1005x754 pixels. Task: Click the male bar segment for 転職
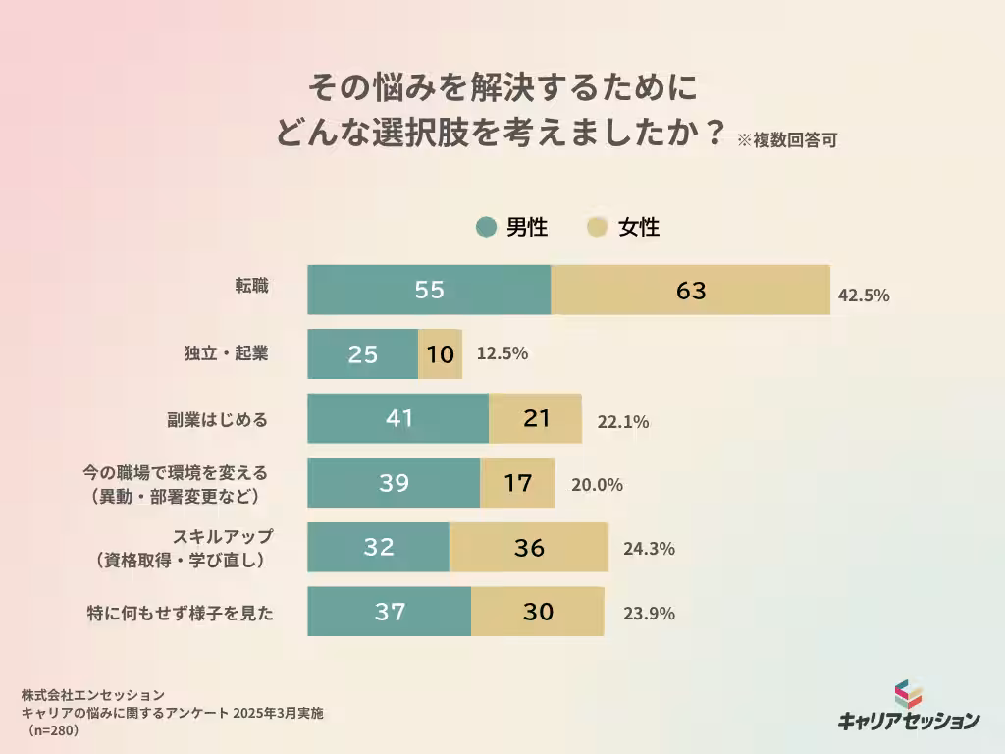click(429, 291)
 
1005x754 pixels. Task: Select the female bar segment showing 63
click(690, 291)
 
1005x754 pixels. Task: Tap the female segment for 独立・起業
click(441, 354)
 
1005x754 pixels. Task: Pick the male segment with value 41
click(397, 418)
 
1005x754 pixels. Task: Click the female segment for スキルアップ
click(529, 548)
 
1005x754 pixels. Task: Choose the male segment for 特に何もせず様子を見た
click(390, 612)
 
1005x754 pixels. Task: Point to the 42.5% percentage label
click(864, 295)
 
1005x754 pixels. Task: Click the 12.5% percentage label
click(502, 353)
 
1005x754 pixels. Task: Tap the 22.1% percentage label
click(623, 422)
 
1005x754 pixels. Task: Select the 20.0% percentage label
click(597, 484)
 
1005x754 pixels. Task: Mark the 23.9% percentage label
click(649, 614)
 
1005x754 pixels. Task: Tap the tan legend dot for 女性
click(597, 228)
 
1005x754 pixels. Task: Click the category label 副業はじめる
click(217, 419)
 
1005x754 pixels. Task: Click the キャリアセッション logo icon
click(908, 694)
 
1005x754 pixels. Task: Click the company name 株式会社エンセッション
click(92, 695)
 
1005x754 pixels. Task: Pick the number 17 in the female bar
click(517, 483)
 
